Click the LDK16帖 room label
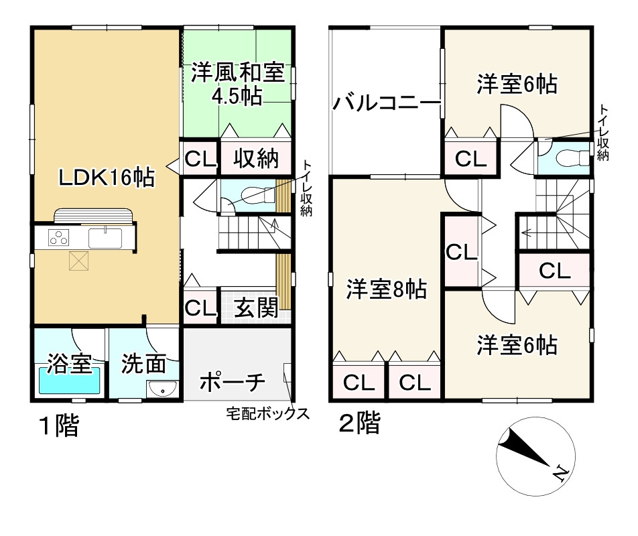click(x=106, y=178)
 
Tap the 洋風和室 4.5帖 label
click(x=237, y=84)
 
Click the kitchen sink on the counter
click(x=104, y=239)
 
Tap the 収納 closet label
click(x=255, y=159)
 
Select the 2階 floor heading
click(x=359, y=423)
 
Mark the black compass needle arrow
click(x=526, y=449)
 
